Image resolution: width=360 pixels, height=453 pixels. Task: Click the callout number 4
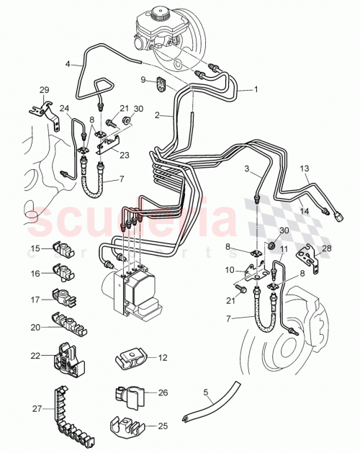click(x=68, y=64)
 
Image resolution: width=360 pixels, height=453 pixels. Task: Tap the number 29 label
click(x=45, y=89)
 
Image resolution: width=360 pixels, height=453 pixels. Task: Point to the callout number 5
click(x=206, y=393)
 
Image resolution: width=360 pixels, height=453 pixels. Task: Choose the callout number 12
click(x=163, y=357)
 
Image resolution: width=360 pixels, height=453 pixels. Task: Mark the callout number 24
click(x=65, y=109)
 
